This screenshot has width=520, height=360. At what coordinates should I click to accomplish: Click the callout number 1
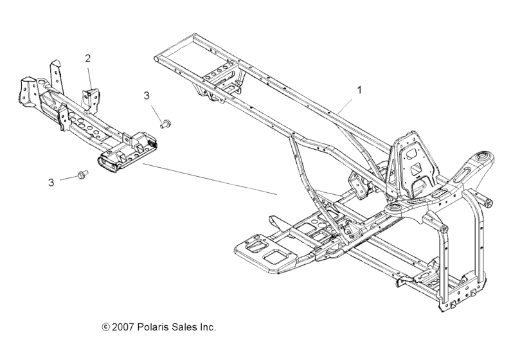pos(359,91)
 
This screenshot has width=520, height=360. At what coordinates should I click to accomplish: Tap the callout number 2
pos(88,59)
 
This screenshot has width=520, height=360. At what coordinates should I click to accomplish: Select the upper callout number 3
pos(147,95)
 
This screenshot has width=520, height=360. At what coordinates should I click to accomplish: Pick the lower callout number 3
pos(51,182)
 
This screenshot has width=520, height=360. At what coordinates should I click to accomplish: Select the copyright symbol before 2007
pos(106,327)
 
